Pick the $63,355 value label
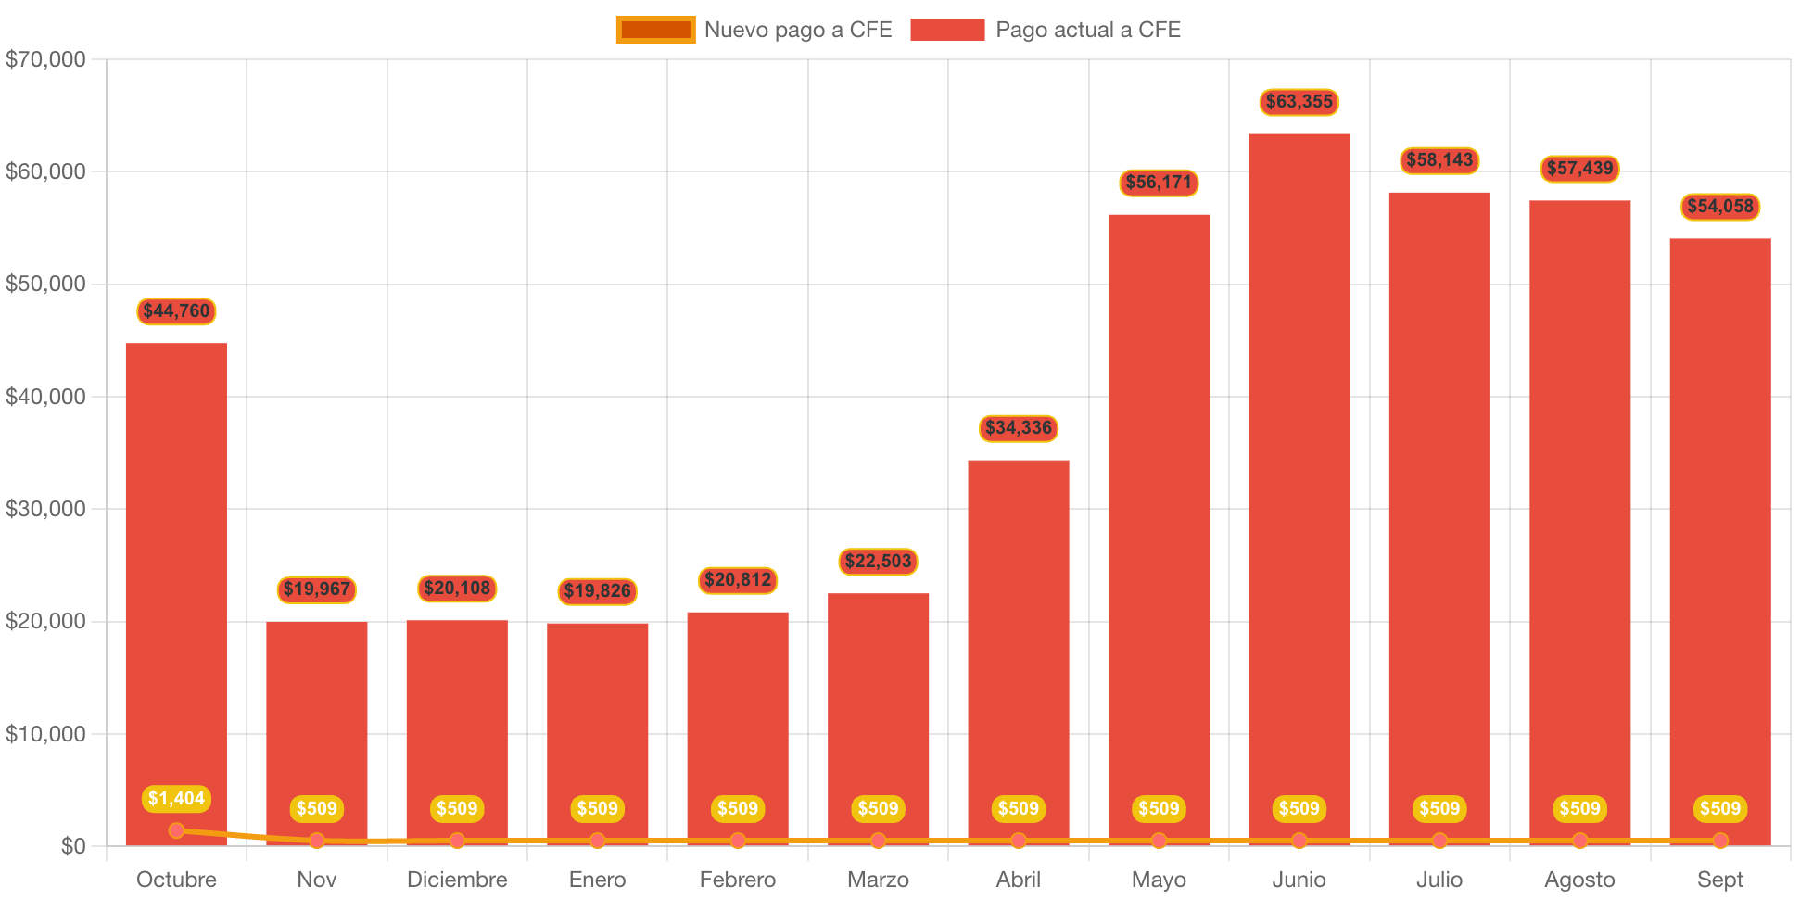click(1299, 101)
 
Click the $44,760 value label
click(176, 310)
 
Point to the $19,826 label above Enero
click(597, 590)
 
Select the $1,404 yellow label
click(176, 798)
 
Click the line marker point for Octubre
click(176, 830)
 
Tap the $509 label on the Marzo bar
click(878, 808)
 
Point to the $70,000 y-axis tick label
click(45, 59)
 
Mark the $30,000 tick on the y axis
click(45, 509)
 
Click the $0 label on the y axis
click(73, 845)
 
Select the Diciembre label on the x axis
click(457, 879)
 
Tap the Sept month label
click(1719, 879)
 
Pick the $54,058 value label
click(1719, 206)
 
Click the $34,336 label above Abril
click(1018, 427)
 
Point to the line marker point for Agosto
click(1579, 841)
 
